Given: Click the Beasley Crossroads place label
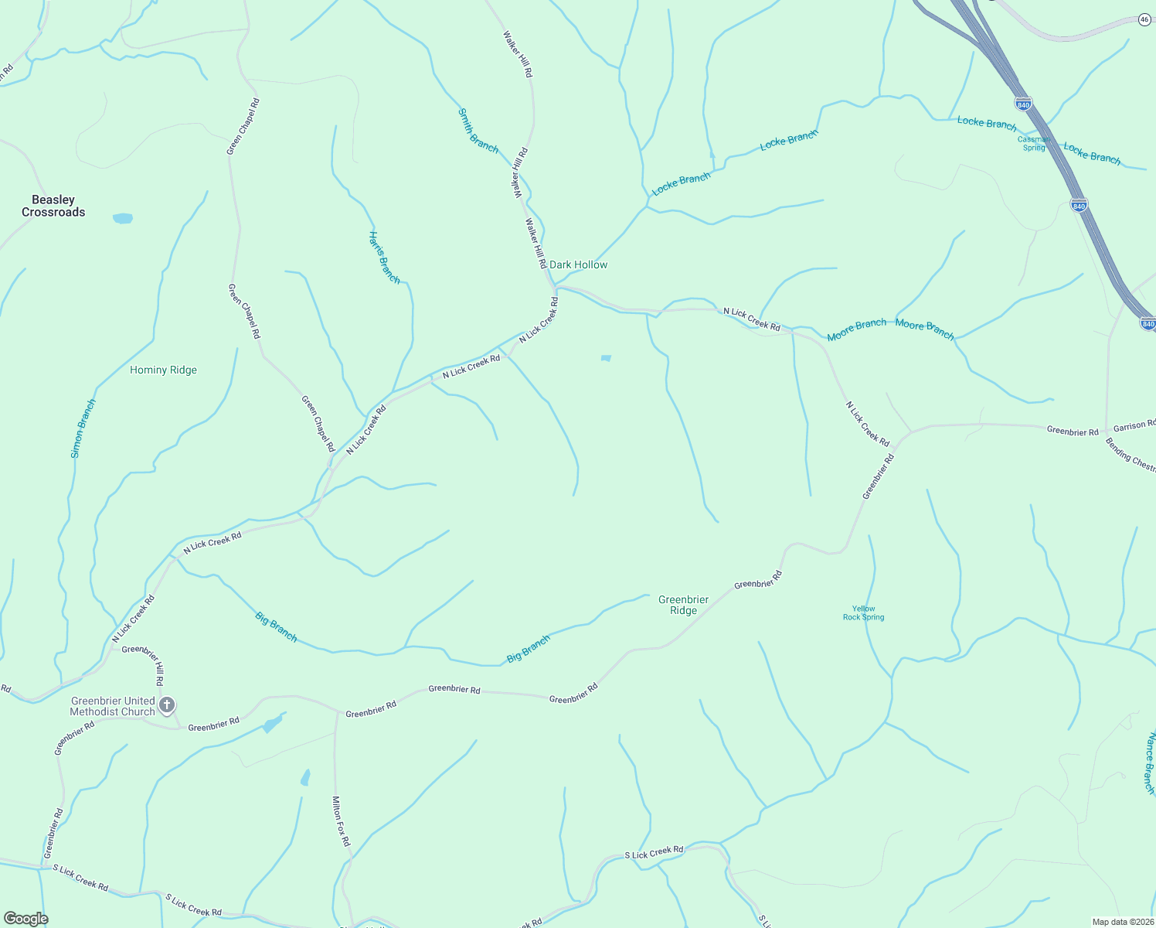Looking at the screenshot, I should (53, 206).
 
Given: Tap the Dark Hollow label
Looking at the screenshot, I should (578, 264).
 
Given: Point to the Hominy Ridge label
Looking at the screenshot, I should (163, 370).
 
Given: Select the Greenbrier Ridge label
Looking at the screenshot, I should (683, 605).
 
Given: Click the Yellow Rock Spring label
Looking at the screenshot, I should (863, 613).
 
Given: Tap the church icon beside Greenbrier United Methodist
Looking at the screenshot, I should (167, 705).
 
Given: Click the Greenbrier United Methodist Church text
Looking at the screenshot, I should (112, 706).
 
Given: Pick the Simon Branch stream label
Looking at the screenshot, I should (83, 428).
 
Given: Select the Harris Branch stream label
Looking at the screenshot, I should (384, 258).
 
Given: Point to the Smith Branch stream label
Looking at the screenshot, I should (478, 131).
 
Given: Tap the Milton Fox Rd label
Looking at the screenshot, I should (341, 821).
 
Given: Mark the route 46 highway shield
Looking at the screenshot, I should (1145, 20).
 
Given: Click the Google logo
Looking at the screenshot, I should (25, 919).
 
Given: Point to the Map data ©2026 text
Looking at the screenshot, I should (1122, 922).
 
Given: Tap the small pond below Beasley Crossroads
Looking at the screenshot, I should (122, 219).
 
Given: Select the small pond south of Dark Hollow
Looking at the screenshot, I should (606, 358).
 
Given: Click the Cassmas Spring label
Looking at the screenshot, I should (1034, 144).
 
